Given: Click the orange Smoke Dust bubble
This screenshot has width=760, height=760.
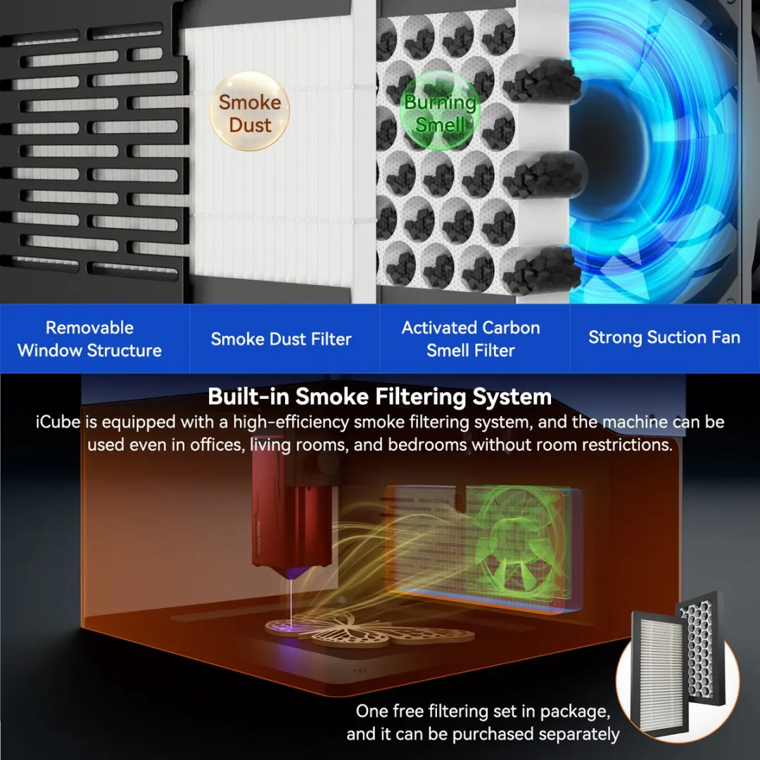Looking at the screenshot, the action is coord(250,111).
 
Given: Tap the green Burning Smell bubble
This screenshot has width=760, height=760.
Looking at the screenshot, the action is coord(440,110).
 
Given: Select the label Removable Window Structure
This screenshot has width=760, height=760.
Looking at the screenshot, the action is coord(89,338).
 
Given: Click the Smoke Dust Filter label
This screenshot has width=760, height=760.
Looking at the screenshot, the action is coord(281,338).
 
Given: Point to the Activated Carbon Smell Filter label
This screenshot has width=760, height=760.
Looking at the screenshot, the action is coord(471,338).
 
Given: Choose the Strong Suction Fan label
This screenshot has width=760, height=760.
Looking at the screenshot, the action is coord(664,337).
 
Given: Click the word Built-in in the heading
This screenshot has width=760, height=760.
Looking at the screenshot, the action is coord(249,396).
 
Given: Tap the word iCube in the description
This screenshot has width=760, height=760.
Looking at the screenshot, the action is coord(58,422).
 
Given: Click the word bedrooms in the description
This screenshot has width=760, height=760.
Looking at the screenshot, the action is coord(428,445).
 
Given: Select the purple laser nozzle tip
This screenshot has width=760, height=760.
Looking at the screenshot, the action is coord(291,573).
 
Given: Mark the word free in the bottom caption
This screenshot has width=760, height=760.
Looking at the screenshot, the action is coord(408,711).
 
